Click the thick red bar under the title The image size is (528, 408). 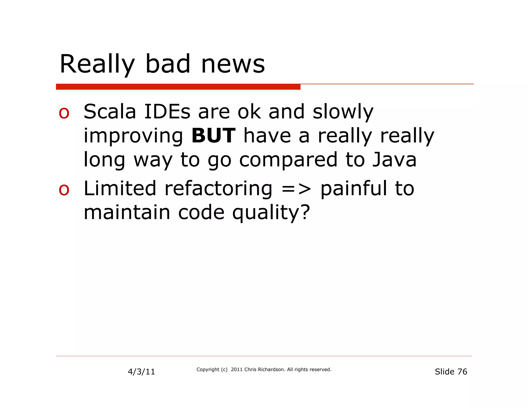178,87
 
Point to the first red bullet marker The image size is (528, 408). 64,113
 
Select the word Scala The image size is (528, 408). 110,111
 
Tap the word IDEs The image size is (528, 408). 167,111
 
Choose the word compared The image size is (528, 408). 288,160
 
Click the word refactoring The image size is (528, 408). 218,189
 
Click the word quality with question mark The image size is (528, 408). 271,213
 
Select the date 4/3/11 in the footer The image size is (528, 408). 141,372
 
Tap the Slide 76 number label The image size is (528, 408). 451,371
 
